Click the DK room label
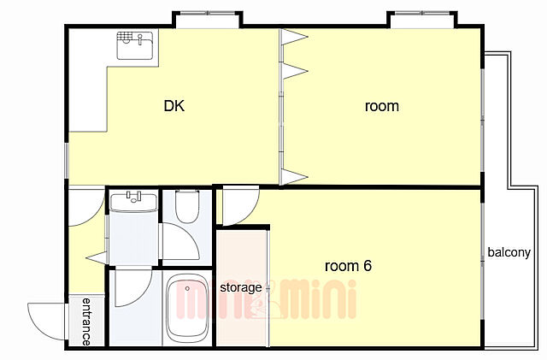pyautogui.click(x=174, y=106)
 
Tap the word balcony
pyautogui.click(x=509, y=252)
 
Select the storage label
pyautogui.click(x=241, y=287)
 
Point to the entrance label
pyautogui.click(x=86, y=322)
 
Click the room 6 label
pyautogui.click(x=348, y=266)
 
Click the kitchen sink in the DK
pyautogui.click(x=135, y=45)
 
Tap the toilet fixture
pyautogui.click(x=187, y=206)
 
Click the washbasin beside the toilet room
pyautogui.click(x=133, y=202)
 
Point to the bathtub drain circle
pyautogui.click(x=187, y=288)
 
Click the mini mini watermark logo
pyautogui.click(x=266, y=299)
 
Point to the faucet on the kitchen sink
pyautogui.click(x=140, y=39)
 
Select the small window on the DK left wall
pyautogui.click(x=67, y=161)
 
